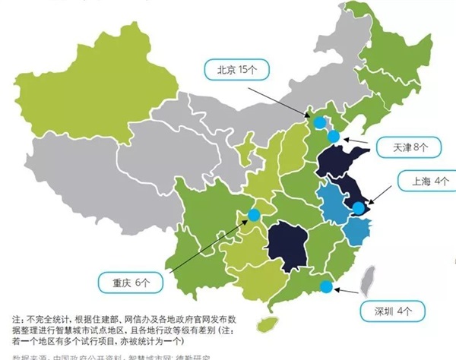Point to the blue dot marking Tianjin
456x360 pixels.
pyautogui.click(x=334, y=137)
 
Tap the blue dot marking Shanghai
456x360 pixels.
pyautogui.click(x=359, y=207)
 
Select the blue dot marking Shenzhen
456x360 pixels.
pyautogui.click(x=326, y=286)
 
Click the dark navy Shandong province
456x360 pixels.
pyautogui.click(x=334, y=162)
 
